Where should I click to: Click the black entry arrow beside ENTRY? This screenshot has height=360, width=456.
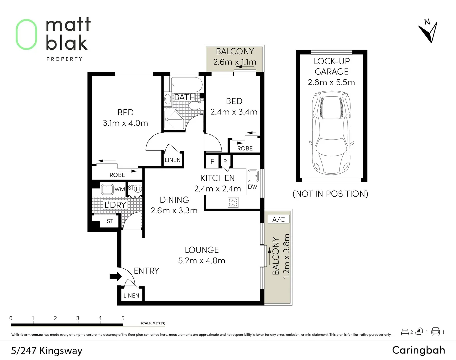(x=115, y=276)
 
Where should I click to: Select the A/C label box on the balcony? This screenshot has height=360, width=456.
(x=278, y=219)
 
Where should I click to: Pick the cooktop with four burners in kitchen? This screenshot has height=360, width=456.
(x=233, y=202)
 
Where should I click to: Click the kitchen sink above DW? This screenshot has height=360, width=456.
(x=253, y=176)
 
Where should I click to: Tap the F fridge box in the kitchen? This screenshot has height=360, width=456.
(x=212, y=162)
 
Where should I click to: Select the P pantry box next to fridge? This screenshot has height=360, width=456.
(x=225, y=162)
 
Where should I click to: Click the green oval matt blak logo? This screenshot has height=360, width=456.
(x=26, y=34)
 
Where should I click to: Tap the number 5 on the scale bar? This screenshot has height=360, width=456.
(x=123, y=318)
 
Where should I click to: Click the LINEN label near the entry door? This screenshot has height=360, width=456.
(x=131, y=296)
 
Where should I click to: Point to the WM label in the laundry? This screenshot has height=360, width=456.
(x=119, y=189)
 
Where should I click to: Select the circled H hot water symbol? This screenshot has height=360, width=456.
(x=138, y=189)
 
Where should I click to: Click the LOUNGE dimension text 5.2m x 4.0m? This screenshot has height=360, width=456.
(x=201, y=261)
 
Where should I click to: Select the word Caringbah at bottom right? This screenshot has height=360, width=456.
(x=418, y=350)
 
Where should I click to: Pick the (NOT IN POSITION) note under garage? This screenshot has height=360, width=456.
(x=330, y=194)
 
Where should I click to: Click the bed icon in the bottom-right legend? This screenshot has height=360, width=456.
(x=405, y=332)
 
